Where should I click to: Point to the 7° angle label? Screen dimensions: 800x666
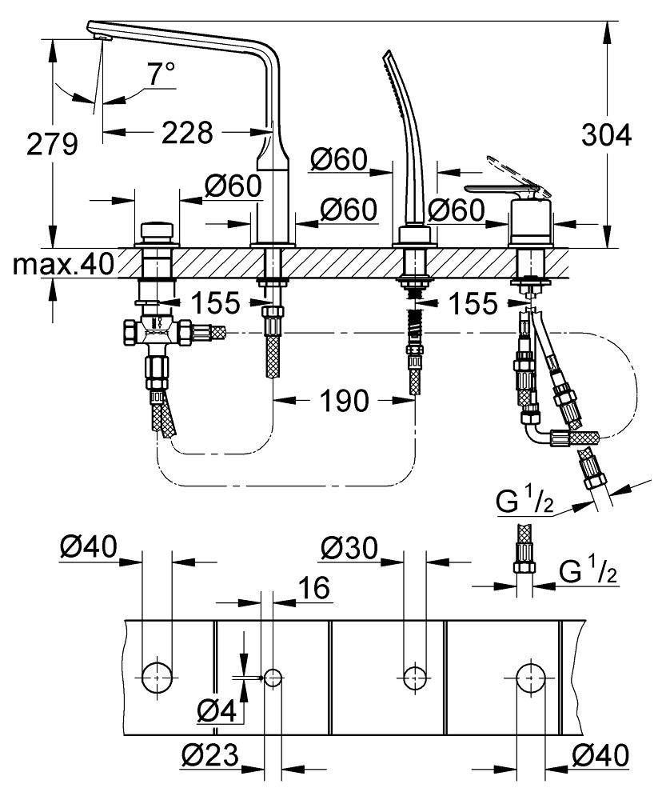point(159,76)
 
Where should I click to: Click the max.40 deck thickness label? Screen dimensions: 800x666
point(64,264)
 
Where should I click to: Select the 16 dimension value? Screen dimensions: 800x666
point(315,589)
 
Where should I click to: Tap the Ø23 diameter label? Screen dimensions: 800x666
point(211,754)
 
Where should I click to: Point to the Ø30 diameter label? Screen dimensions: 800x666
point(349,549)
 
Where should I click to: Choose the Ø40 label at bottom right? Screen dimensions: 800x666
point(600,754)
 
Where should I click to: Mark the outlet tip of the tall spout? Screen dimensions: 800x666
point(99,33)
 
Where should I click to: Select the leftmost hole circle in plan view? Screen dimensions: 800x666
point(157,676)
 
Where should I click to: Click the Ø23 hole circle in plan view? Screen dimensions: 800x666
point(273,678)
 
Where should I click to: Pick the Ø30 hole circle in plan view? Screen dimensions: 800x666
point(413,677)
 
